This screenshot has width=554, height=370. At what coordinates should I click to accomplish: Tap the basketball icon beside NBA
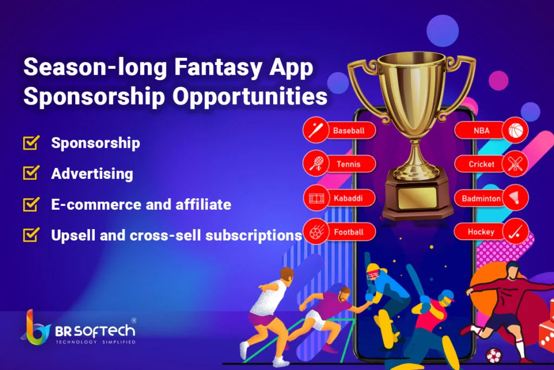pyautogui.click(x=515, y=131)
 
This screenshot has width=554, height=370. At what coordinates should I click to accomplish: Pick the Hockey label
pyautogui.click(x=481, y=232)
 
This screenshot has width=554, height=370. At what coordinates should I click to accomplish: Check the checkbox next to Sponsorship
pyautogui.click(x=31, y=142)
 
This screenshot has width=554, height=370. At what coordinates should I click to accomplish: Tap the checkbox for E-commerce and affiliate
pyautogui.click(x=31, y=204)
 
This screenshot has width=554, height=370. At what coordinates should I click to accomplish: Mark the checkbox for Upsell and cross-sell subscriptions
pyautogui.click(x=31, y=235)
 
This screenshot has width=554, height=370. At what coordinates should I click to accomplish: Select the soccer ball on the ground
pyautogui.click(x=493, y=355)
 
